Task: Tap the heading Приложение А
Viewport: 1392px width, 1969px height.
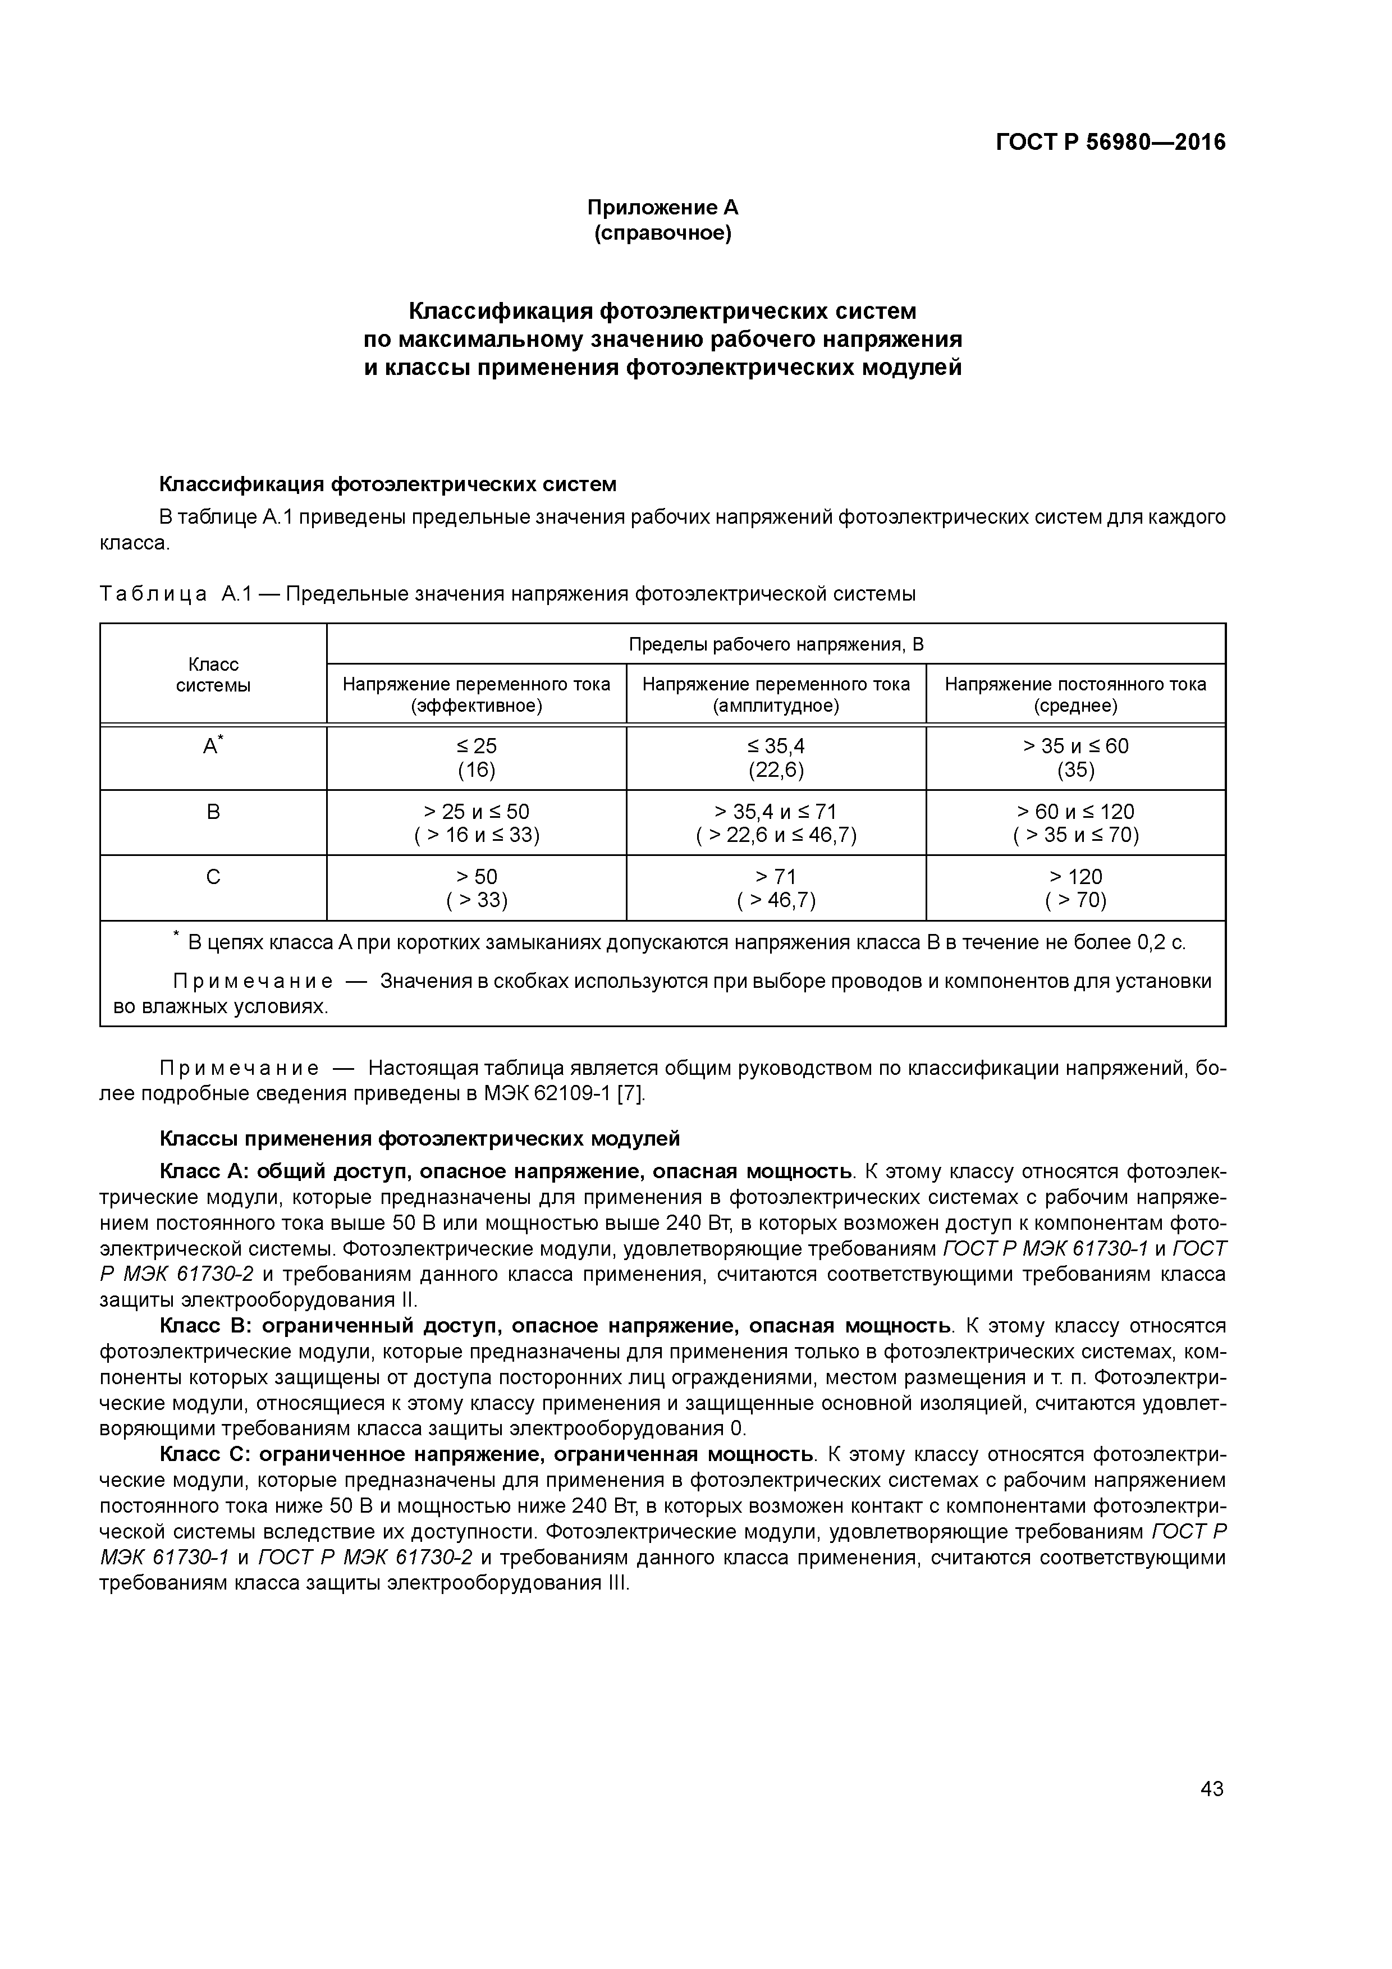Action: point(662,208)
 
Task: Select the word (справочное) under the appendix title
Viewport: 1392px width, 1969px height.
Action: point(662,233)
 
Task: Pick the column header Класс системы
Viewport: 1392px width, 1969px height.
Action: point(213,675)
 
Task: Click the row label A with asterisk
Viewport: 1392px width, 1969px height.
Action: point(212,746)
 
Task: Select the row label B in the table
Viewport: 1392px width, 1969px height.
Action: point(213,811)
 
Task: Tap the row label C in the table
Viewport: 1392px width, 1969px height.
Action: point(213,876)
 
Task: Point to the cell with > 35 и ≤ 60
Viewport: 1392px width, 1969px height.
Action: point(1075,746)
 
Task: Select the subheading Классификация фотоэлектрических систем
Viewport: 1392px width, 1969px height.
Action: point(388,484)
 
